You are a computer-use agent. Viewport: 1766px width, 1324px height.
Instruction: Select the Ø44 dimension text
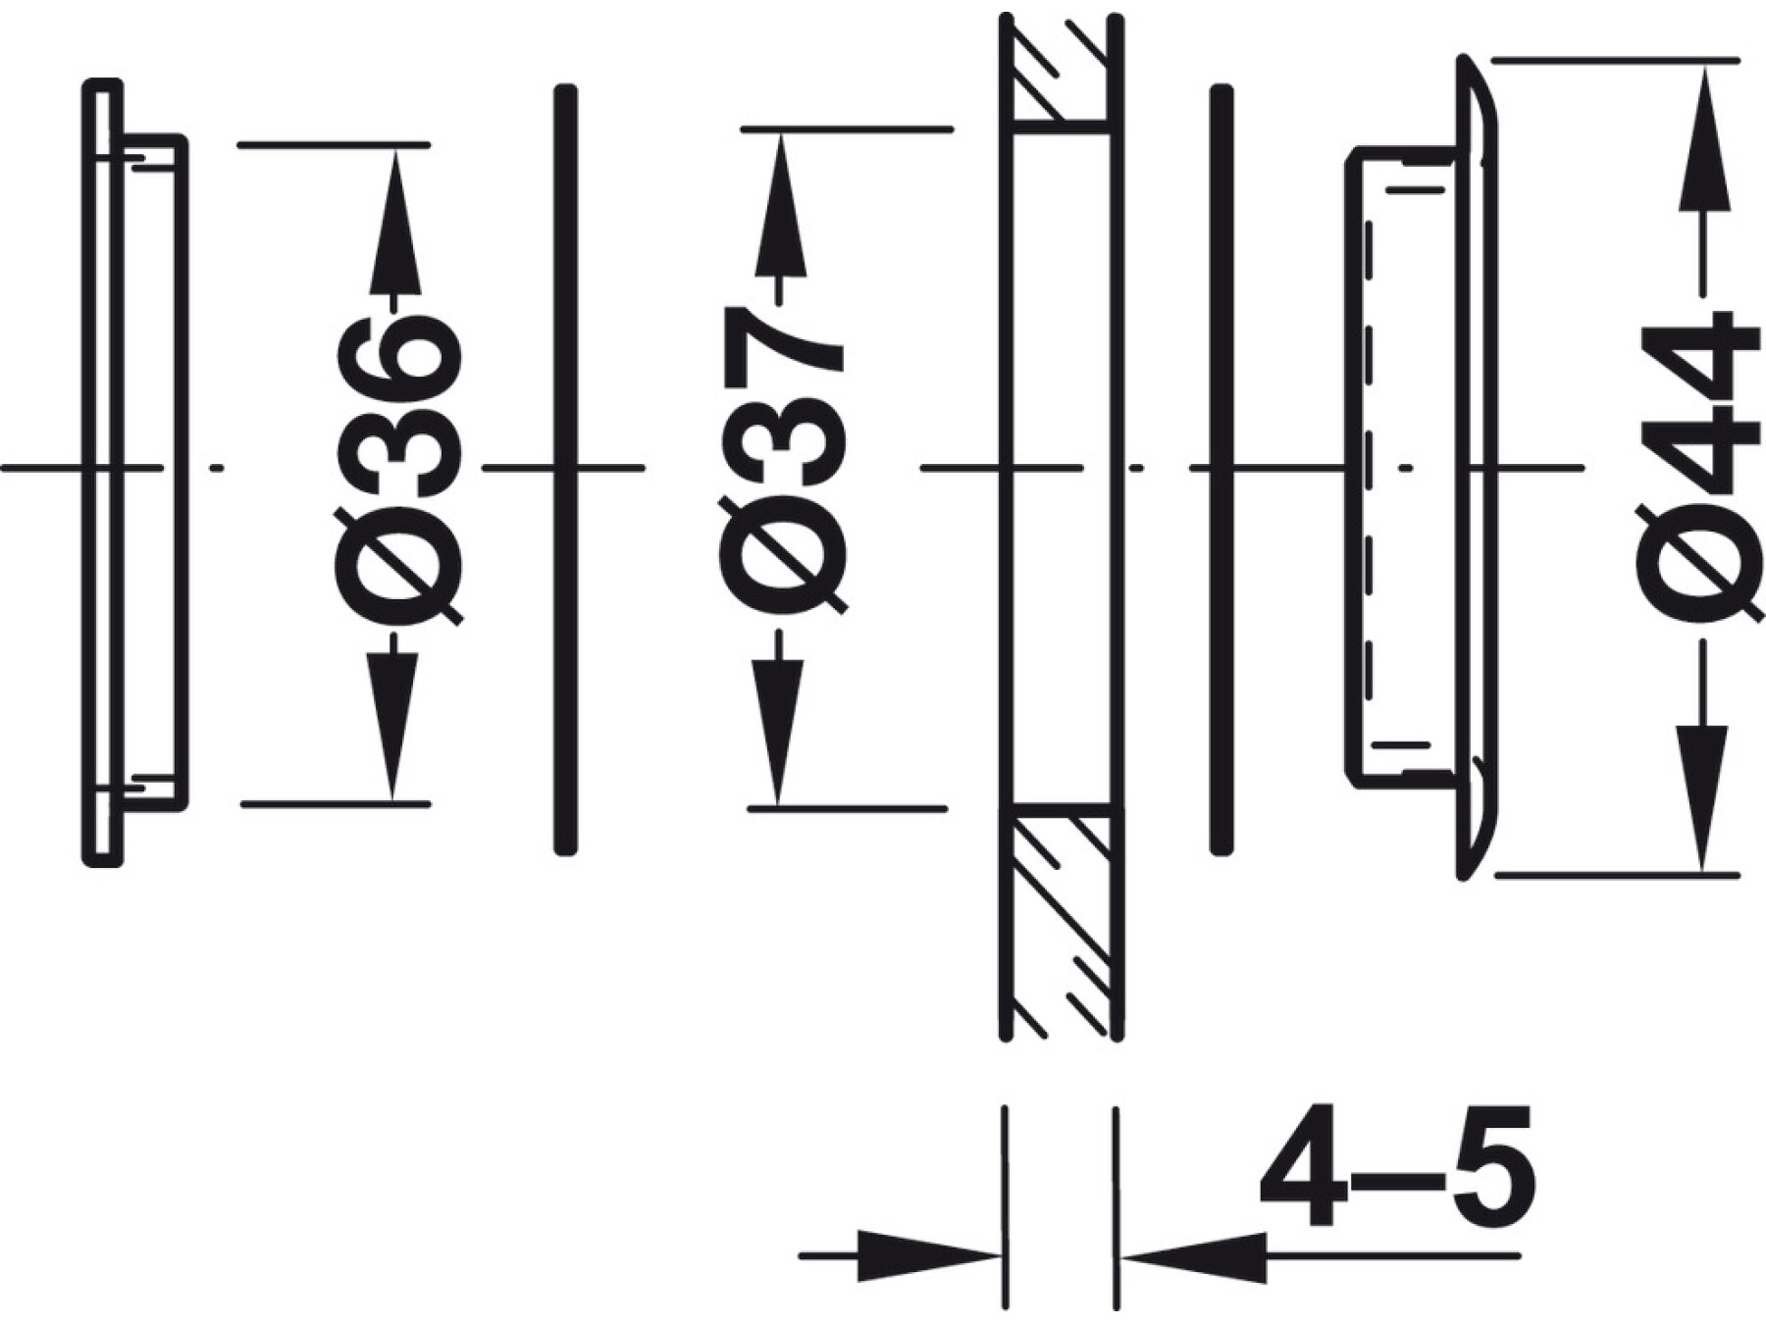pos(1700,467)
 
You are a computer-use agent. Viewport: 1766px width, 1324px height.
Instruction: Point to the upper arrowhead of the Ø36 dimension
pos(395,221)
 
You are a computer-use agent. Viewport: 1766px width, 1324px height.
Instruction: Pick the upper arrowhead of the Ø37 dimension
pos(780,205)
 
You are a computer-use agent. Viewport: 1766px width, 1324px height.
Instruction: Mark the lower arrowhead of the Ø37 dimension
pos(778,732)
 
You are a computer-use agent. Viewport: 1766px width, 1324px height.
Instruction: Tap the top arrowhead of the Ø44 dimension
pos(1704,136)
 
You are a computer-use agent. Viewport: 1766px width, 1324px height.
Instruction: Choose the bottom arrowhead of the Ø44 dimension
pos(1702,796)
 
